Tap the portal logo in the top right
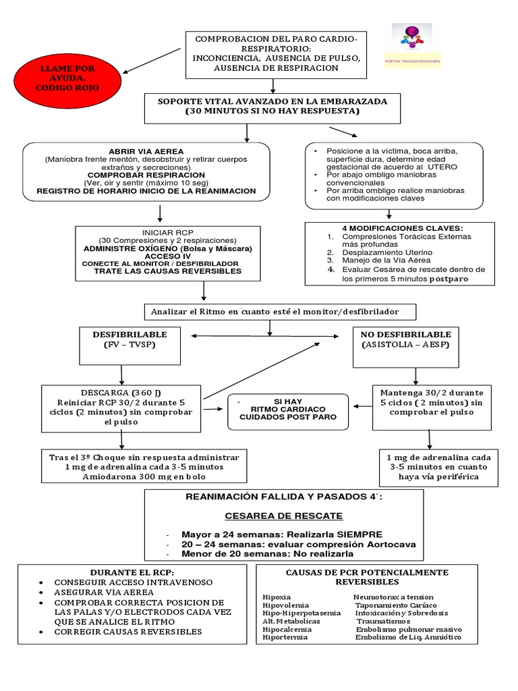(417, 45)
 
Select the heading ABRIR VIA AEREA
(146, 150)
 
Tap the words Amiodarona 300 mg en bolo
(140, 477)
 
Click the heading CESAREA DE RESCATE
(284, 516)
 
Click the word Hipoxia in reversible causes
(277, 597)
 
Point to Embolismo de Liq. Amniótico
(408, 637)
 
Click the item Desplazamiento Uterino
(387, 252)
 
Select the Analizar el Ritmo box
(280, 311)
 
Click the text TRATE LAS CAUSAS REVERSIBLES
(167, 271)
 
